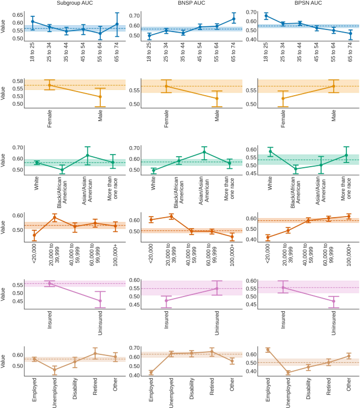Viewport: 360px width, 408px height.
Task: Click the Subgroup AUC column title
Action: [74, 4]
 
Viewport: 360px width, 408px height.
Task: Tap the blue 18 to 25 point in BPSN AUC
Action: [267, 16]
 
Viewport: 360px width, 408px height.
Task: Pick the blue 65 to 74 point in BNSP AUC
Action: [234, 19]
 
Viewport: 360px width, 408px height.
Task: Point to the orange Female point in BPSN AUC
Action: [284, 98]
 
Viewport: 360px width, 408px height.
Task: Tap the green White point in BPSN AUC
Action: [271, 151]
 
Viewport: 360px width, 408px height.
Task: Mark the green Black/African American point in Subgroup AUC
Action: [63, 170]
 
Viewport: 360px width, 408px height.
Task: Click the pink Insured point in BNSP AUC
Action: [167, 301]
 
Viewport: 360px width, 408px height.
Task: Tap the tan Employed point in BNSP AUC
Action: [152, 372]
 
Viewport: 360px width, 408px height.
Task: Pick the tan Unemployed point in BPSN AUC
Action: [288, 372]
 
